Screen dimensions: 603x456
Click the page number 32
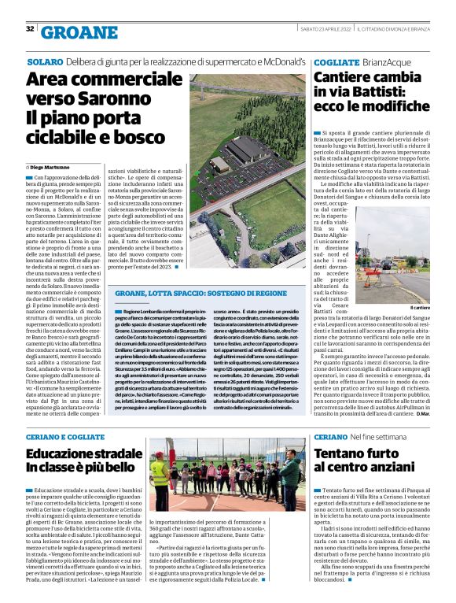point(30,29)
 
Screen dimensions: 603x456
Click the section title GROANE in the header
point(78,31)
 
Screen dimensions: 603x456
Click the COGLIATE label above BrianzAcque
point(336,61)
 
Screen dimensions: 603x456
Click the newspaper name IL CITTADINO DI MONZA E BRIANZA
point(403,29)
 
